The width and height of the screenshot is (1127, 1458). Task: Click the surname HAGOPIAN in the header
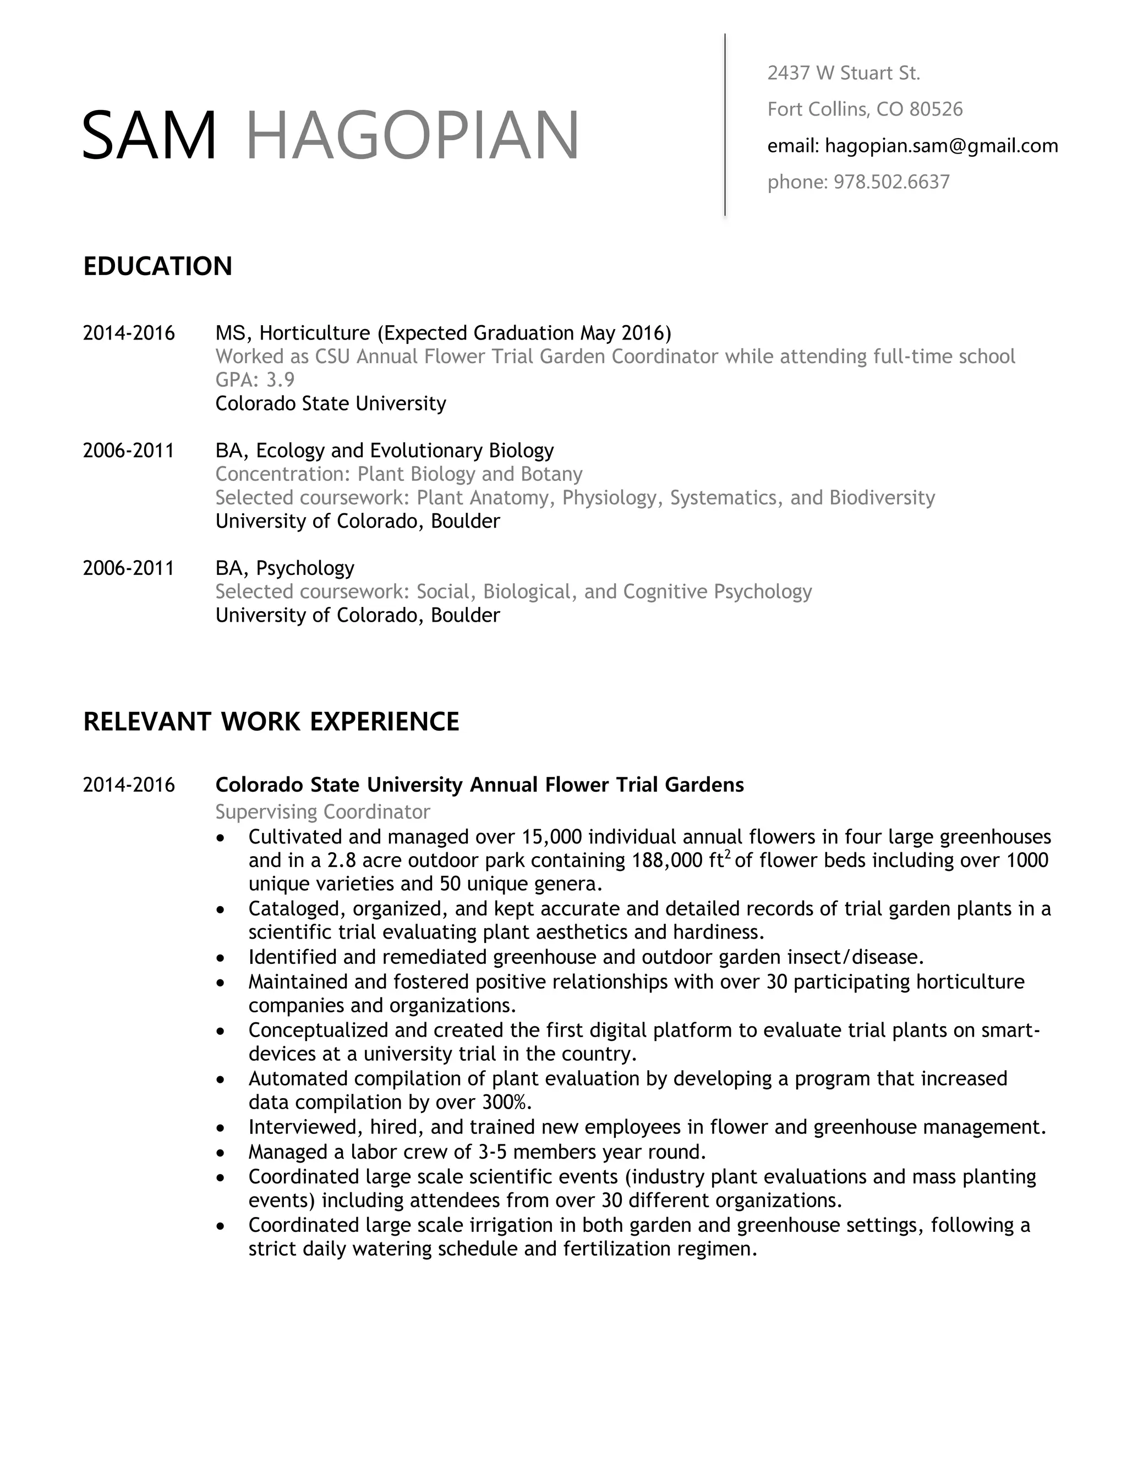pos(412,135)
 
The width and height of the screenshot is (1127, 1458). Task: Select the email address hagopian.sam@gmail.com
pos(942,146)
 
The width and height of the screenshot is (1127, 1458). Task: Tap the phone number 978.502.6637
pos(891,182)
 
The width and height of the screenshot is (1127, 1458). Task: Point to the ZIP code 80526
pos(936,109)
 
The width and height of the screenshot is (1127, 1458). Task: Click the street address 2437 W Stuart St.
pos(843,73)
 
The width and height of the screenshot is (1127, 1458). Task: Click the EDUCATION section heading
pos(157,266)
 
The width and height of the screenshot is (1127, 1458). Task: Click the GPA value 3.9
pos(281,380)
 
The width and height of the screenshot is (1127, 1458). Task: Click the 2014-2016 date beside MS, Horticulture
pos(129,332)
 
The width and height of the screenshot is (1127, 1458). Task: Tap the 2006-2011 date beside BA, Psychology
pos(129,568)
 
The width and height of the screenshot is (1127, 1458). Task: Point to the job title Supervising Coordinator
pos(322,812)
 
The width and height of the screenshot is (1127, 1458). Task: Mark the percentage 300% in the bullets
pos(507,1101)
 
